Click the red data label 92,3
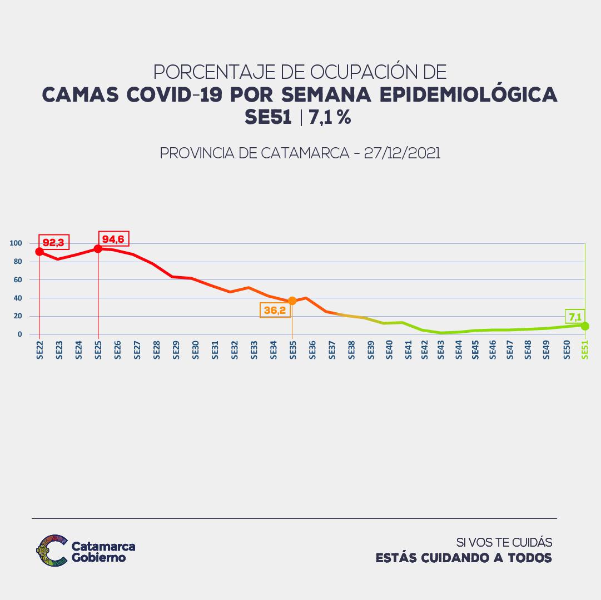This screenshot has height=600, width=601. click(53, 242)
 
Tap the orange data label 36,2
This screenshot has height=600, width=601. click(275, 310)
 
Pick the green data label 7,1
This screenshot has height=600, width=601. click(575, 317)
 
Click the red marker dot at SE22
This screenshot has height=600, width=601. click(39, 252)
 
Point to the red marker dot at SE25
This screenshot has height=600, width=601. click(98, 249)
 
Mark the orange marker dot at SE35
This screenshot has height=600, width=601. click(292, 301)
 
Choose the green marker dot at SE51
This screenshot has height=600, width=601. click(585, 326)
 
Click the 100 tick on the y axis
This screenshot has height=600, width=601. click(16, 243)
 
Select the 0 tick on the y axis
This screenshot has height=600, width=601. click(19, 334)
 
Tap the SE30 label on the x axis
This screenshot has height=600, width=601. click(195, 350)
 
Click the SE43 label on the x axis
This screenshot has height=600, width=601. click(441, 350)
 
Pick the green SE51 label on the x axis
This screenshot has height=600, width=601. click(585, 350)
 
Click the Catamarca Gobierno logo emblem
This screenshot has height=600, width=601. click(51, 550)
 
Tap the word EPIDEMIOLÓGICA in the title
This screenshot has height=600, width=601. click(468, 94)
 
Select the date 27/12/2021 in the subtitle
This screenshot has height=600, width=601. click(402, 153)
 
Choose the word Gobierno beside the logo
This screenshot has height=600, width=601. click(99, 557)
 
